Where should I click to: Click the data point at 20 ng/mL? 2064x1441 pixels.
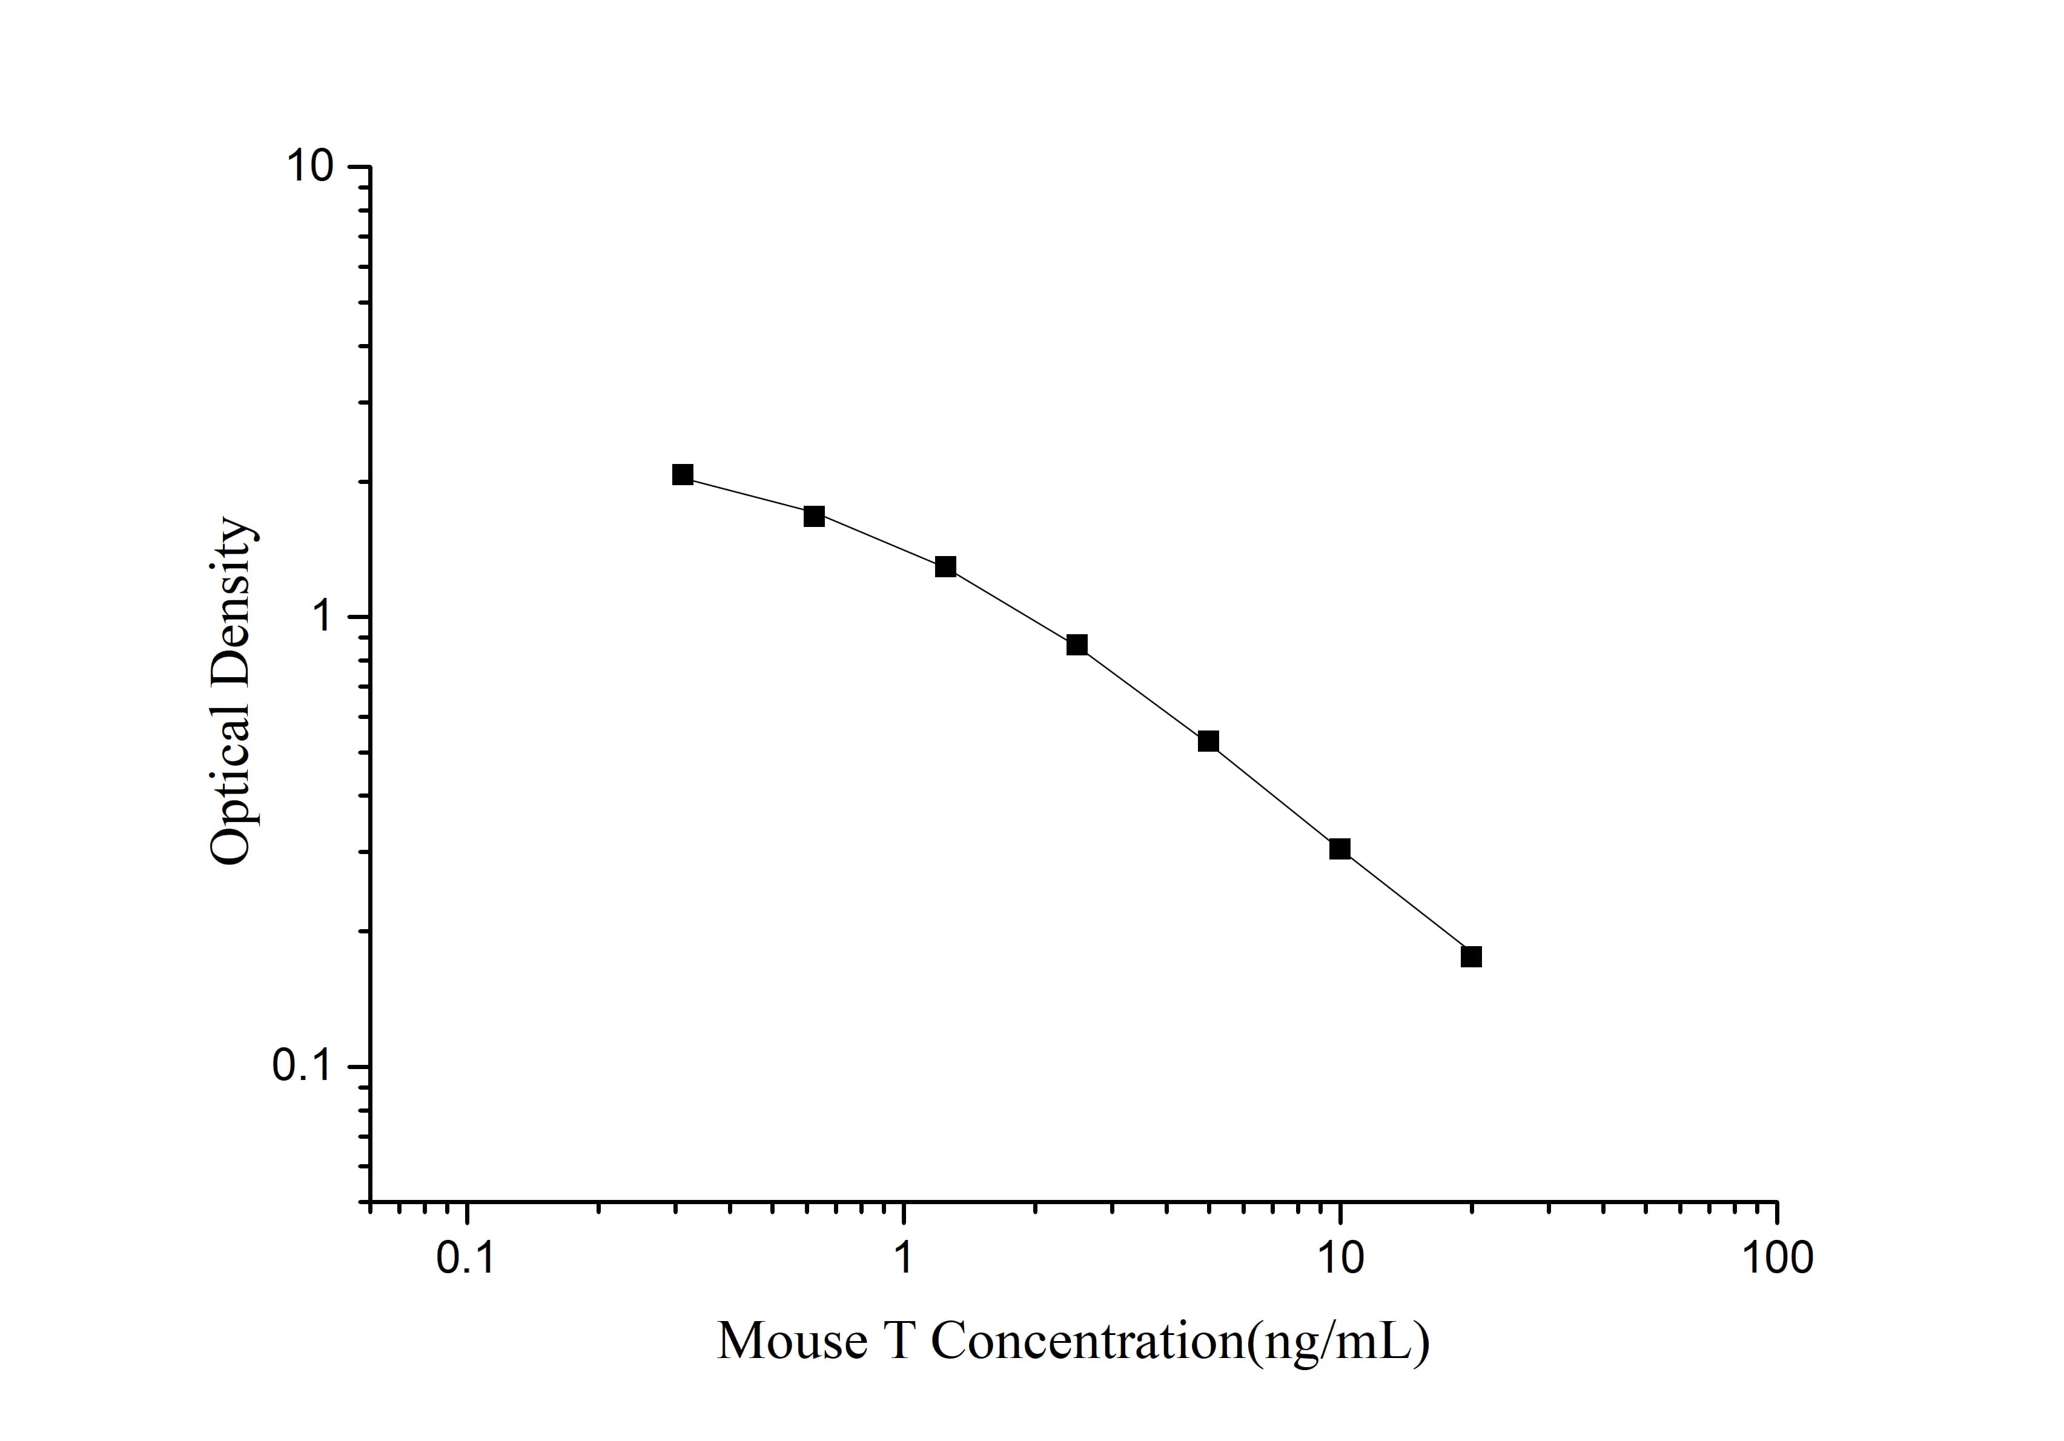coord(1470,956)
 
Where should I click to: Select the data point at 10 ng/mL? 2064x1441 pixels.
coord(1340,849)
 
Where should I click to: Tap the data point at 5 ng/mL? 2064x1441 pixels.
coord(1208,741)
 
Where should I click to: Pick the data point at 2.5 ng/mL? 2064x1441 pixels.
coord(1077,644)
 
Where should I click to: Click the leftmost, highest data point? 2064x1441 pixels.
coord(683,475)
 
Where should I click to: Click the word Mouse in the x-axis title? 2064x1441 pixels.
coord(792,1341)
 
